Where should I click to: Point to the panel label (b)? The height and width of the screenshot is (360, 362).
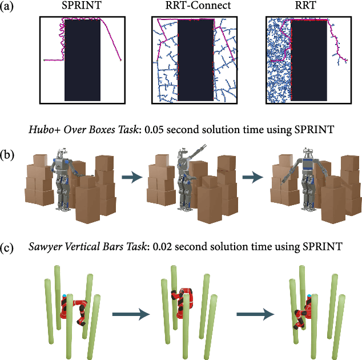(9, 154)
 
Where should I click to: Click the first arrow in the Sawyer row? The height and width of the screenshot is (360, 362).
(130, 313)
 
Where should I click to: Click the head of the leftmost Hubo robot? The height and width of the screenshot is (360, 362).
(62, 152)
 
